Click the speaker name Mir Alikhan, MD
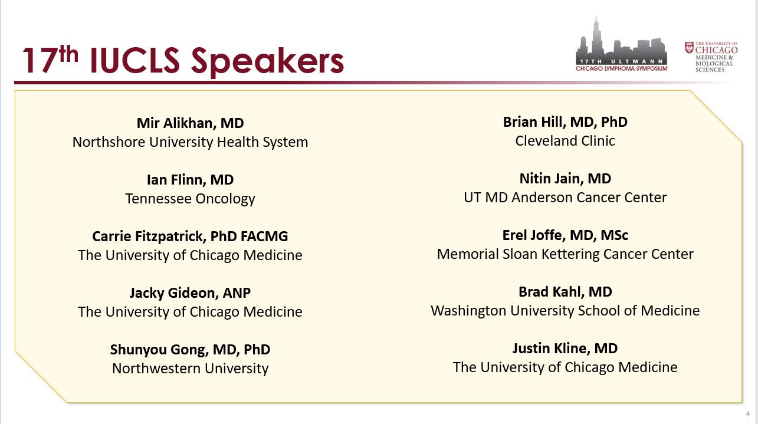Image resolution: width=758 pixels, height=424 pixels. [x=190, y=123]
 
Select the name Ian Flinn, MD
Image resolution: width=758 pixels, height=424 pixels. [x=190, y=180]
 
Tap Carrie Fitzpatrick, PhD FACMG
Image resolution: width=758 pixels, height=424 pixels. [x=190, y=236]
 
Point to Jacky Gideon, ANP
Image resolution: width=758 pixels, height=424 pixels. [x=190, y=293]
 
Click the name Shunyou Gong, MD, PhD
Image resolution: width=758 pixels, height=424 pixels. [x=190, y=350]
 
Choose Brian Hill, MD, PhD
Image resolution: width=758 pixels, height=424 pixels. [x=565, y=122]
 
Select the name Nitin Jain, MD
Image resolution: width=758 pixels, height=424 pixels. [x=565, y=179]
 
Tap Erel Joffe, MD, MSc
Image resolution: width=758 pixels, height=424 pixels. [x=565, y=235]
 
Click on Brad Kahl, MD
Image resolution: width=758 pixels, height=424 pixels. [x=565, y=292]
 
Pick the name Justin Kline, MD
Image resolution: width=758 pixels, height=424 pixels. [x=565, y=348]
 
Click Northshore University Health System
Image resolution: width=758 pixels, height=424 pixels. [x=190, y=142]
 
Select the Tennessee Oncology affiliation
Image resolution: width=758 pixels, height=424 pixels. [x=190, y=199]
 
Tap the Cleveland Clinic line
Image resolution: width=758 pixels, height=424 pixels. [x=565, y=141]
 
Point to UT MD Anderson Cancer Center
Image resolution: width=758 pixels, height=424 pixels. [x=565, y=198]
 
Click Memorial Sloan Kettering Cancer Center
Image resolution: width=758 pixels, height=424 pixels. [x=565, y=254]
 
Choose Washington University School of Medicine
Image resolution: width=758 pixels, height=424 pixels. [x=565, y=311]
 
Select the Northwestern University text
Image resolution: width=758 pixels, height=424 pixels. [x=190, y=368]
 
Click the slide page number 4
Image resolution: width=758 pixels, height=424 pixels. [x=748, y=414]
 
